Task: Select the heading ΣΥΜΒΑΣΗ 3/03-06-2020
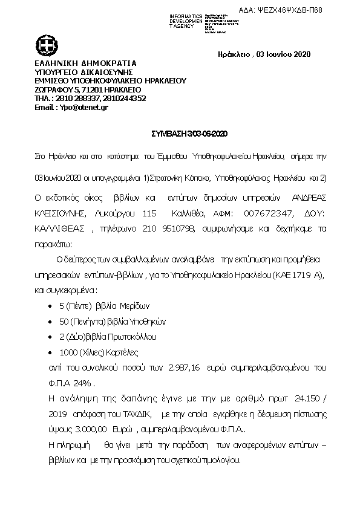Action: (x=180, y=133)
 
